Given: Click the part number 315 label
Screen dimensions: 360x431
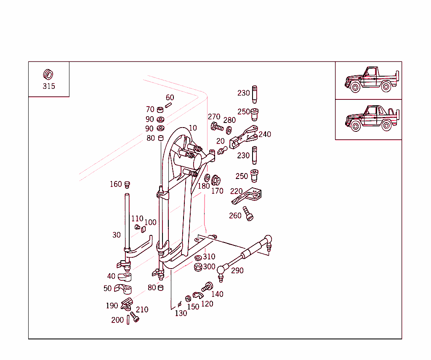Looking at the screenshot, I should pos(49,86).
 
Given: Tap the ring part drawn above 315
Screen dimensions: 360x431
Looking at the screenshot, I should pos(48,75).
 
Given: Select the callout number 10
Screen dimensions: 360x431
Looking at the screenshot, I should pos(192,128).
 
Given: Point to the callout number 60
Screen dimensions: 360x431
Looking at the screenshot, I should pos(170,98).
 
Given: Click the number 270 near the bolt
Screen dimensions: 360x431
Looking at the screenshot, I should pos(214,117).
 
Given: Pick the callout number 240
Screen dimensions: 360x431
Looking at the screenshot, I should pos(265,134).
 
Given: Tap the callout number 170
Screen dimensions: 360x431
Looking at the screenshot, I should pos(217,191).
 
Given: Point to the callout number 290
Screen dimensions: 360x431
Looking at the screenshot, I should pos(237,271).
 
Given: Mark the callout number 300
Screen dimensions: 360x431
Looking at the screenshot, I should pos(209,267).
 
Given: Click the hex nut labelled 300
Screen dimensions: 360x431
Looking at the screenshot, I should pos(198,267).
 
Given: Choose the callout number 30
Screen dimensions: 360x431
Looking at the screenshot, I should pos(117,235).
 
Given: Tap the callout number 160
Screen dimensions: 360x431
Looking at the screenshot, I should pos(116,184).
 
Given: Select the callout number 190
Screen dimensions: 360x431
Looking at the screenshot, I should pos(112,306).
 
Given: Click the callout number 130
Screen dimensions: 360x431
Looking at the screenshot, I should pos(181,313).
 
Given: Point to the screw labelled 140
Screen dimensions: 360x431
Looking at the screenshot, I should pos(207,287).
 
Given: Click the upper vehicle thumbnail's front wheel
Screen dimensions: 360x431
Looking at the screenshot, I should pos(355,88).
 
